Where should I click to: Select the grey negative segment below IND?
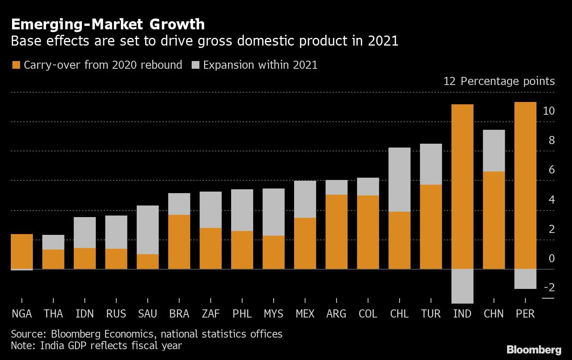coord(462,286)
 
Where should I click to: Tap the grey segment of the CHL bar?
coord(399,180)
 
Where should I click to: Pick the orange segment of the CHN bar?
coord(494,220)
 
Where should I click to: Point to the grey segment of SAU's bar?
coord(148,230)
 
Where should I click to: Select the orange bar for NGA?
coord(22,251)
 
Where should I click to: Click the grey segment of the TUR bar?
coord(431,164)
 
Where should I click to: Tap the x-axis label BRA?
coord(179,314)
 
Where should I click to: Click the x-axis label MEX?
coord(305,314)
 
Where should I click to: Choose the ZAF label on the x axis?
coord(211,314)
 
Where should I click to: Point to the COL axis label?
coord(368,314)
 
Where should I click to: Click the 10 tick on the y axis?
coord(548,111)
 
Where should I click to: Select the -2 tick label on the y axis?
coord(549,287)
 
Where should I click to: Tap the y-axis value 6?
coord(552,170)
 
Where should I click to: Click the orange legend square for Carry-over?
coord(16,65)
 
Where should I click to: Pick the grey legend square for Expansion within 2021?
coord(196,65)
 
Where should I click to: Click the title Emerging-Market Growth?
coord(108,24)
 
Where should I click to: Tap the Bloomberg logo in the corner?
coord(534,350)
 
